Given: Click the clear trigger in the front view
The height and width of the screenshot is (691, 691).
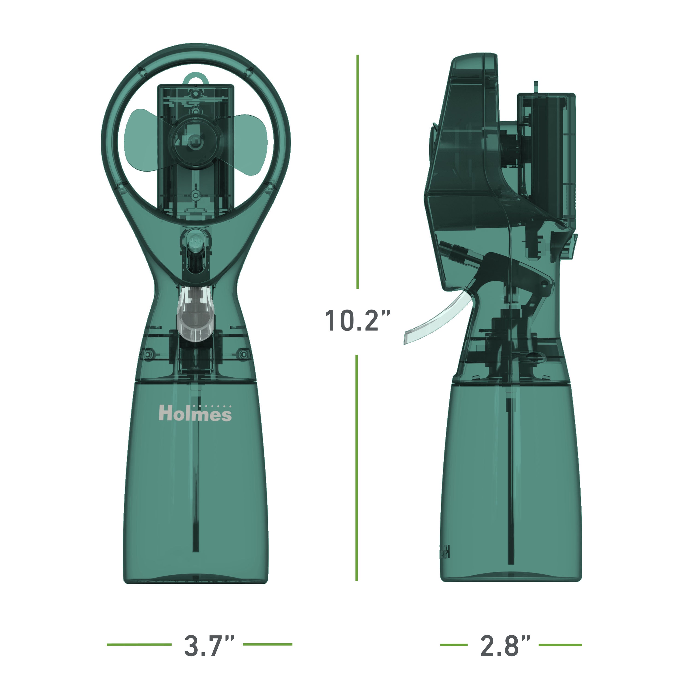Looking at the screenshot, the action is tap(195, 315).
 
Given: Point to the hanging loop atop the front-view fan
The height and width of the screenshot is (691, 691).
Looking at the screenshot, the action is tap(195, 79).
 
